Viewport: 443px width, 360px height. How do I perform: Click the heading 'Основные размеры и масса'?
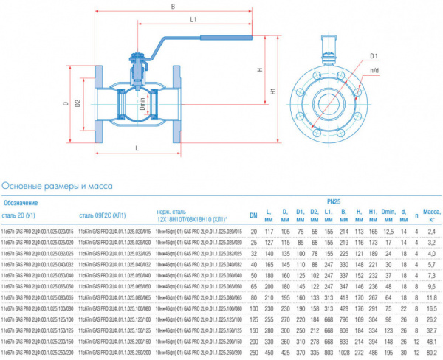click(58, 186)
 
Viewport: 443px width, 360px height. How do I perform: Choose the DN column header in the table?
click(253, 215)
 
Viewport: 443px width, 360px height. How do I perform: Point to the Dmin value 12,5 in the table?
click(388, 232)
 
